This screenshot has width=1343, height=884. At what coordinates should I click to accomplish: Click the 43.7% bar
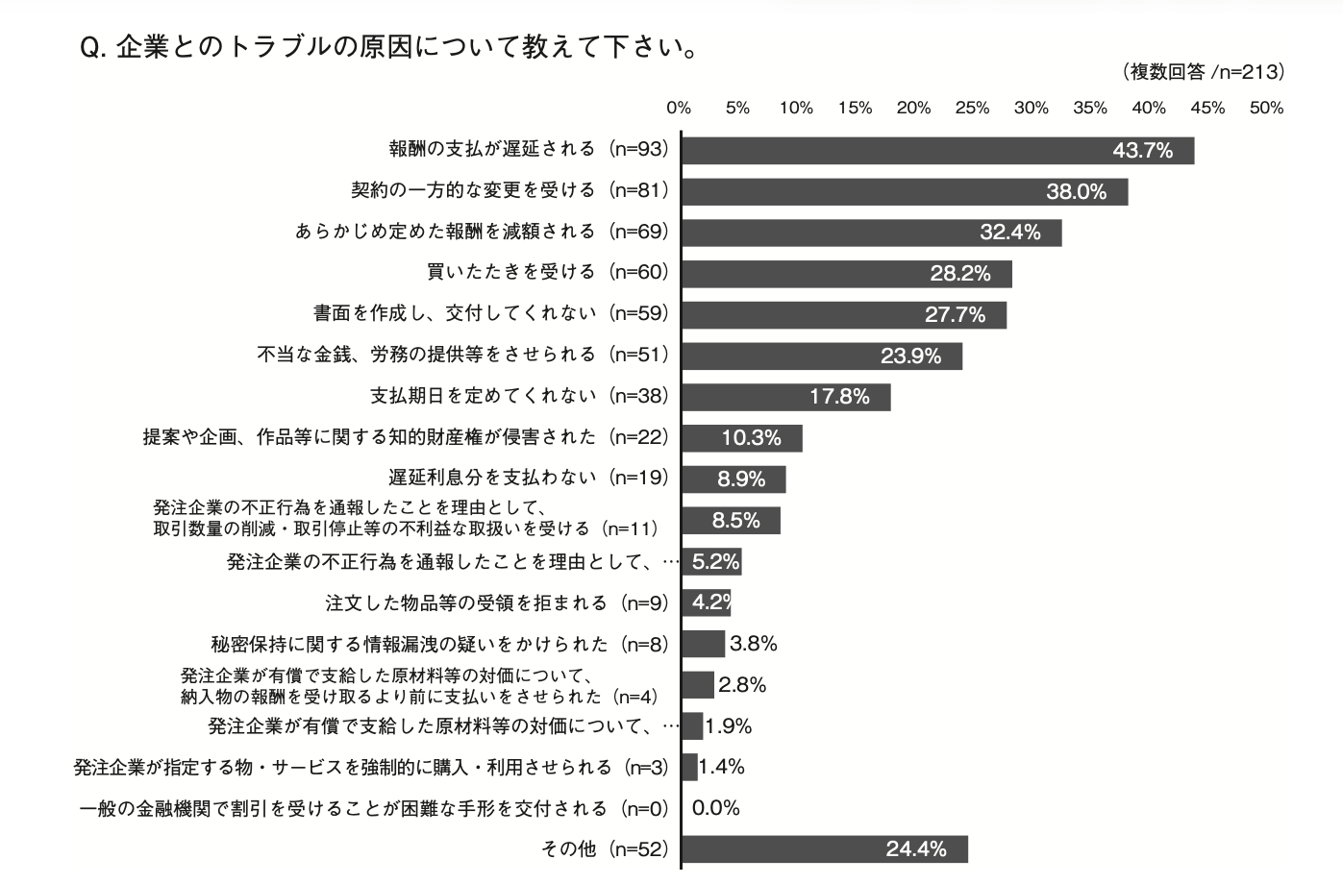(x=937, y=151)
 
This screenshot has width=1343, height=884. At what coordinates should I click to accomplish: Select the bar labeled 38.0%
(x=904, y=192)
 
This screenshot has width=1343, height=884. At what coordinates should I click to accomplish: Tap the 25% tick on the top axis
(x=972, y=108)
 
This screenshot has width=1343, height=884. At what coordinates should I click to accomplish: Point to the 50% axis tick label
(x=1266, y=108)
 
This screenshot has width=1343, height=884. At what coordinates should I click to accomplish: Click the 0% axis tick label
(x=679, y=108)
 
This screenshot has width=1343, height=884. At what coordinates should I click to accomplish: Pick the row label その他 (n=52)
(x=605, y=848)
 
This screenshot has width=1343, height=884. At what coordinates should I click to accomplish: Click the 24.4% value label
(x=916, y=849)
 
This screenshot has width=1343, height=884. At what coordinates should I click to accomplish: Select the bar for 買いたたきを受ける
(x=846, y=274)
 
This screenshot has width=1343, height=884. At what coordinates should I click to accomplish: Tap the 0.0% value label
(x=716, y=808)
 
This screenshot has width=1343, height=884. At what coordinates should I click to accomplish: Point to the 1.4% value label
(x=722, y=767)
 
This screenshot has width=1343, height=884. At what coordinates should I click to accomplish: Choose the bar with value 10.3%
(x=741, y=438)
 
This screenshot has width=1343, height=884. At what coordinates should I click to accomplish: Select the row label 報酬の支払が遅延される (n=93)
(x=528, y=149)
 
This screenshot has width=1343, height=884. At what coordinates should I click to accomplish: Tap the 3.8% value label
(x=754, y=644)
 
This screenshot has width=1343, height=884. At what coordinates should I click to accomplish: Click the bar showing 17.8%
(x=785, y=397)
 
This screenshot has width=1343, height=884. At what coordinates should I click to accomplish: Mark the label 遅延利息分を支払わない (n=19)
(x=528, y=478)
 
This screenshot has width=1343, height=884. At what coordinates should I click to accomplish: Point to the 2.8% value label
(x=742, y=685)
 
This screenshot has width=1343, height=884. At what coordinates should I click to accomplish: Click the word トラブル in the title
(x=270, y=47)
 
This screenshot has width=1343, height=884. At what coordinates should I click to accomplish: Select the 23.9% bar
(x=821, y=356)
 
